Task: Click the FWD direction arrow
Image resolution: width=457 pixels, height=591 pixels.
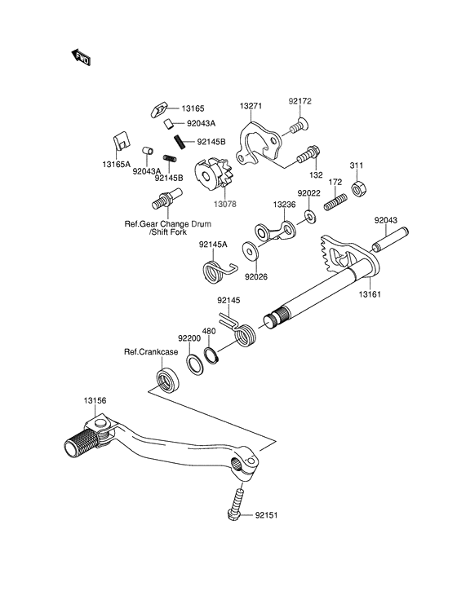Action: pyautogui.click(x=82, y=56)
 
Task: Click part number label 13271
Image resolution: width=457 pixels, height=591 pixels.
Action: pyautogui.click(x=252, y=106)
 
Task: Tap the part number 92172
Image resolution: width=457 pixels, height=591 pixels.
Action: pyautogui.click(x=300, y=102)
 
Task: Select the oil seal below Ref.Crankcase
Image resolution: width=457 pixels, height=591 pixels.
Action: pyautogui.click(x=168, y=380)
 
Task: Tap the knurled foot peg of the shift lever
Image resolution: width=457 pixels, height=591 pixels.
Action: pyautogui.click(x=82, y=445)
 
